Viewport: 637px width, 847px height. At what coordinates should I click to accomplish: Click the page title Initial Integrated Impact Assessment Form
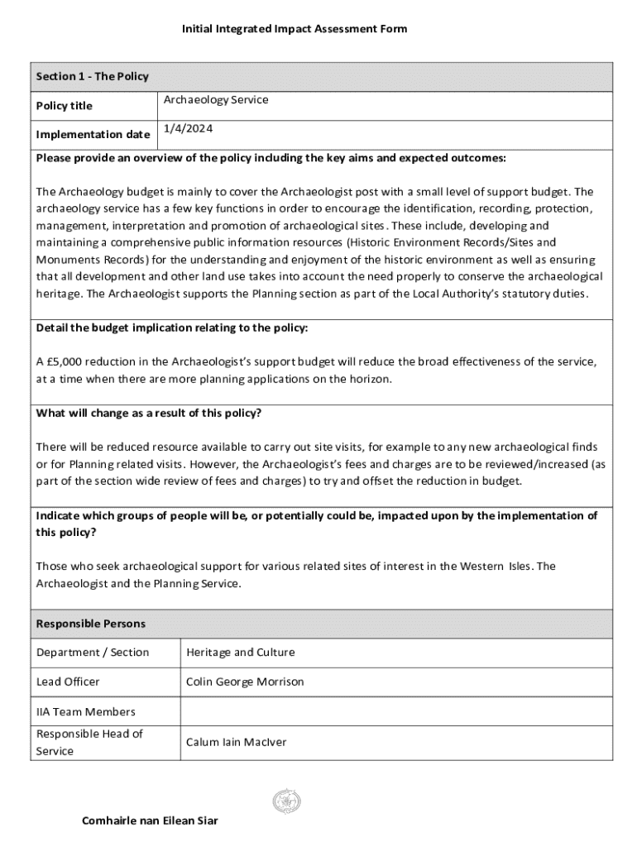click(x=295, y=29)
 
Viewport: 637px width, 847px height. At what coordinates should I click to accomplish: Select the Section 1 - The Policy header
click(x=92, y=77)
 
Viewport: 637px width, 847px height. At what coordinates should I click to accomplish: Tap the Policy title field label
click(x=65, y=106)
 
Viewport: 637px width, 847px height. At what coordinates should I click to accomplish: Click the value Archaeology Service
click(x=215, y=100)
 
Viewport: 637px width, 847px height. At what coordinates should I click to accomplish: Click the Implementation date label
click(x=93, y=135)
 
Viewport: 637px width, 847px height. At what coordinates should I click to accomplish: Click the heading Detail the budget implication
click(x=172, y=328)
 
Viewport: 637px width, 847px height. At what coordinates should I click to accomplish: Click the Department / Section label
click(x=93, y=653)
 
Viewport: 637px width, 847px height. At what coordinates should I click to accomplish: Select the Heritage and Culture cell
click(x=240, y=653)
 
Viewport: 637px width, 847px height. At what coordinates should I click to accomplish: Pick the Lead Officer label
click(x=68, y=682)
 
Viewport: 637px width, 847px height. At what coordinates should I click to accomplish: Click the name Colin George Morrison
click(x=245, y=682)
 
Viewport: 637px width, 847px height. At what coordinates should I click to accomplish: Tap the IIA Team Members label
click(x=86, y=711)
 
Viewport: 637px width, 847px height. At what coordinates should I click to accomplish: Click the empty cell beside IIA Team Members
click(x=395, y=711)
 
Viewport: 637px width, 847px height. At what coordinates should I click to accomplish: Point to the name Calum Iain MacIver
click(x=236, y=742)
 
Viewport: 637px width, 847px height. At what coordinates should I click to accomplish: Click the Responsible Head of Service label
click(x=89, y=742)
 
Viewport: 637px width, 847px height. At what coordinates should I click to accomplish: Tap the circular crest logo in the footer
click(x=286, y=800)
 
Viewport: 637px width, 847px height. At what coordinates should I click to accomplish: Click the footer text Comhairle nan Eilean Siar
click(x=150, y=821)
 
